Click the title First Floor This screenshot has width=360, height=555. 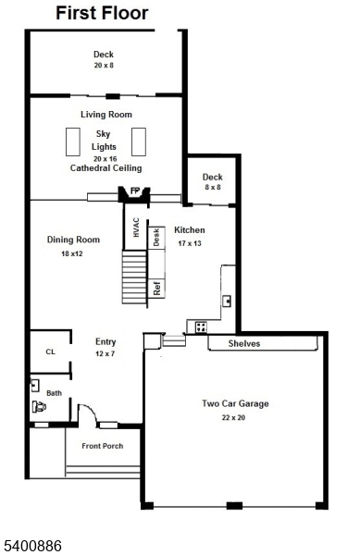click(x=102, y=13)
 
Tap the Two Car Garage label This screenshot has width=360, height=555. click(x=235, y=403)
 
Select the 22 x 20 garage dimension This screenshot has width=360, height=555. click(x=235, y=419)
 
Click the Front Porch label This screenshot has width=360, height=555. click(x=102, y=446)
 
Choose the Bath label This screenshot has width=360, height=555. click(x=55, y=393)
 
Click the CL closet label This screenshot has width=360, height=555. click(x=51, y=352)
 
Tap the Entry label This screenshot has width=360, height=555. click(x=106, y=341)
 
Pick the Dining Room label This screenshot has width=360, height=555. click(x=72, y=240)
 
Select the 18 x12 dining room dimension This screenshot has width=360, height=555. click(x=72, y=253)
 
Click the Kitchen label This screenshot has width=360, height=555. click(x=190, y=230)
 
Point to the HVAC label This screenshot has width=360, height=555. click(x=135, y=228)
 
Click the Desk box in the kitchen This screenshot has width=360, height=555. click(x=156, y=237)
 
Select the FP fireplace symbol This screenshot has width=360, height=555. click(x=134, y=192)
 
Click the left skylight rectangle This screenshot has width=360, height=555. click(x=72, y=142)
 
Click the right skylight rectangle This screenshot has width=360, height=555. click(x=140, y=142)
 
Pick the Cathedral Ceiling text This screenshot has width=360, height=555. click(x=106, y=168)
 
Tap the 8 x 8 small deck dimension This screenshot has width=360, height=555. click(x=213, y=188)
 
